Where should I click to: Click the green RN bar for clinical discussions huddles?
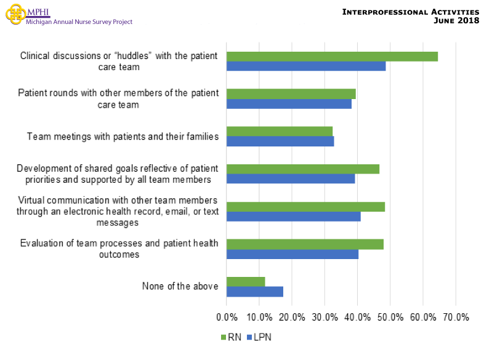(x=332, y=57)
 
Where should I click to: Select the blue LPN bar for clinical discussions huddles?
(x=306, y=66)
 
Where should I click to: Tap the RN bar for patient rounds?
(x=291, y=94)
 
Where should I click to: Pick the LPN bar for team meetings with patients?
(x=280, y=141)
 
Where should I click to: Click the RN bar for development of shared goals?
(x=302, y=169)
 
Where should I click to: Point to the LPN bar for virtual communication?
(x=293, y=216)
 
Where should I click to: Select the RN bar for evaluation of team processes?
(x=305, y=244)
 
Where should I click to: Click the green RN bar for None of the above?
(x=246, y=281)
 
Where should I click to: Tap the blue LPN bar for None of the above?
(x=255, y=291)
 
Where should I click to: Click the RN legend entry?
(x=230, y=337)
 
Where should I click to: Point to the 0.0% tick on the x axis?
(x=227, y=318)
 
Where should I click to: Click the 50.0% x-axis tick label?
(x=390, y=318)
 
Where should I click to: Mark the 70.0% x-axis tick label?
(x=455, y=318)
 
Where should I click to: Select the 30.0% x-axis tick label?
(x=325, y=318)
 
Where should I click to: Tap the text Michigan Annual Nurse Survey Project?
(x=79, y=22)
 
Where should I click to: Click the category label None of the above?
(x=180, y=286)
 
